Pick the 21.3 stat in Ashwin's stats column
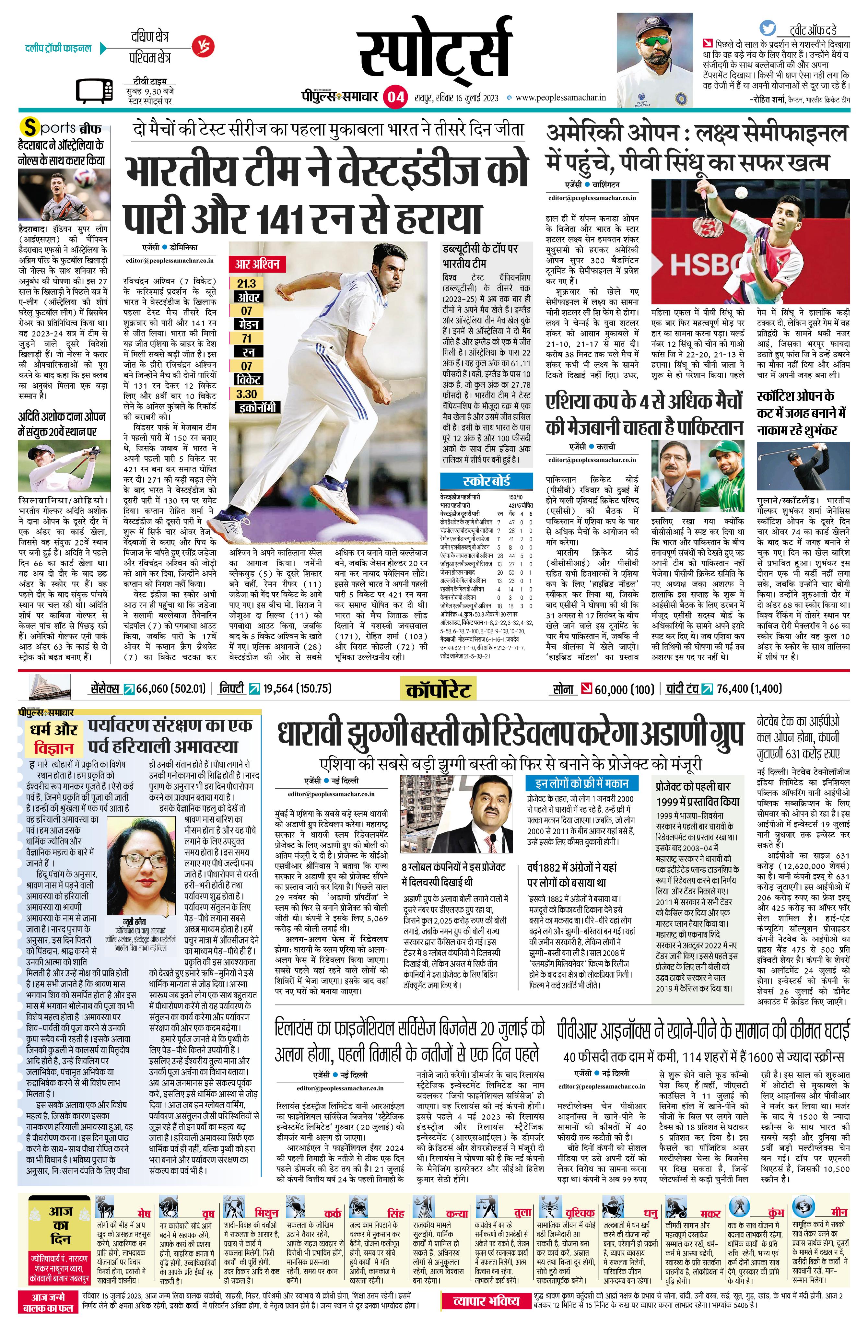pos(246,283)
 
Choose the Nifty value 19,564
pos(286,688)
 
